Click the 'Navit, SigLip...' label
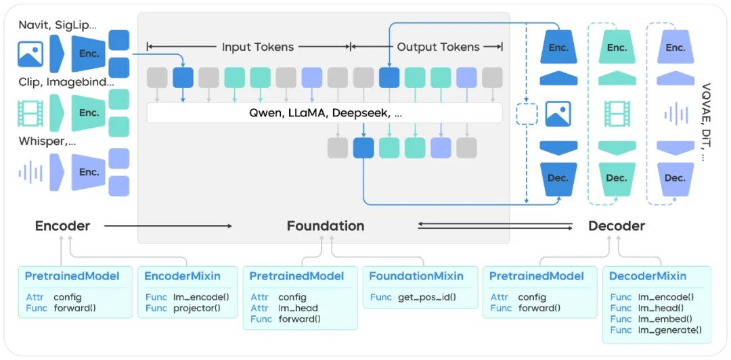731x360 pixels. [x=58, y=25]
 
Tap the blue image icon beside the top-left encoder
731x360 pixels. [x=30, y=53]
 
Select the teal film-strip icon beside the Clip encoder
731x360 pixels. [x=30, y=113]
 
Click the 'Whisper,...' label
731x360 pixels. [x=47, y=141]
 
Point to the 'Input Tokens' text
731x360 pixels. [x=258, y=47]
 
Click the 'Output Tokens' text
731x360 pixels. [x=438, y=47]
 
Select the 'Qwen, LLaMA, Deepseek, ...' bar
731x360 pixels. [x=324, y=113]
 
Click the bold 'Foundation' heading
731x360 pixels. [x=326, y=226]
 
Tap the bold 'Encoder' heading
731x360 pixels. [x=62, y=226]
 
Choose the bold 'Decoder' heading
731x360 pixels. [x=617, y=226]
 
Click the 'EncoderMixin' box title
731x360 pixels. [x=182, y=276]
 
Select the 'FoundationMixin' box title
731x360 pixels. [x=416, y=276]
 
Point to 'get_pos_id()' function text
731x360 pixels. [x=427, y=297]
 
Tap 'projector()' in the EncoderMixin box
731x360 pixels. [x=197, y=309]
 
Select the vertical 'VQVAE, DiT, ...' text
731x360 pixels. [x=706, y=122]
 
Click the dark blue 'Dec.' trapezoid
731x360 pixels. [x=558, y=179]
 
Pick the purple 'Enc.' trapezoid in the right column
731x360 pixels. [x=675, y=47]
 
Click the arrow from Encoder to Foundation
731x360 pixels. [x=168, y=226]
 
